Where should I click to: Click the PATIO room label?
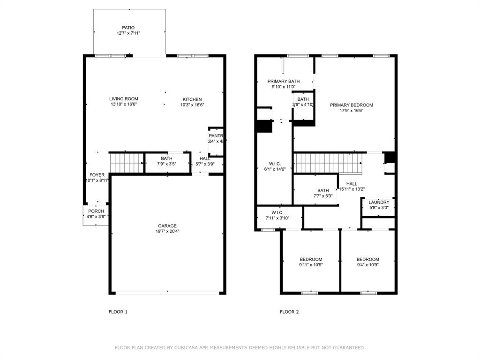(128, 28)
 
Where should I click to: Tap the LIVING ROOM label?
(124, 99)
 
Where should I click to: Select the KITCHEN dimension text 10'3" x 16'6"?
(192, 105)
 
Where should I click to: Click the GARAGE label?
(167, 226)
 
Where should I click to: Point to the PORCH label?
(96, 211)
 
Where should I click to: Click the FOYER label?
(97, 175)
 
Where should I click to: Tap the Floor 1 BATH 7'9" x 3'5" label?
(166, 158)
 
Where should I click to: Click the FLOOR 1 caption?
(118, 312)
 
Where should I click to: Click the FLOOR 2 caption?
(289, 312)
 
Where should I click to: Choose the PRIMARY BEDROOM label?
(351, 105)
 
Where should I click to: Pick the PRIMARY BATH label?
(284, 81)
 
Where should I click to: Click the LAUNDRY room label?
(379, 202)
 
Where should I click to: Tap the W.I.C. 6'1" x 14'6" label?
(275, 164)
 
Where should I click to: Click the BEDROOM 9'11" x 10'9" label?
(311, 259)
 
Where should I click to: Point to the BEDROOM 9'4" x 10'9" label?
(367, 259)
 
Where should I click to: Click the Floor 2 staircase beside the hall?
(328, 164)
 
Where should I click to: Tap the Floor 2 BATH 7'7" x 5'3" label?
(323, 190)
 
